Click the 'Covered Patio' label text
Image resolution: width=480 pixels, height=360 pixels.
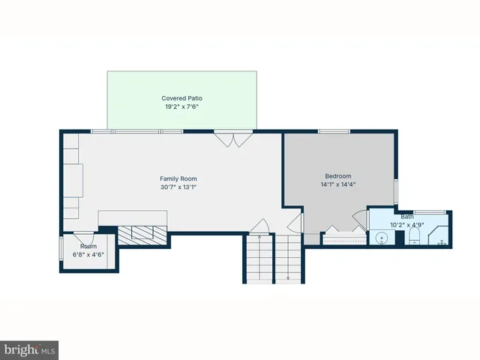[x=181, y=98]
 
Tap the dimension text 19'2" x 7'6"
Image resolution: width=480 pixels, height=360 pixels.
[x=181, y=106]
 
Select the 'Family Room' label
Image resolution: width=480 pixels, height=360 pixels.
[x=178, y=178]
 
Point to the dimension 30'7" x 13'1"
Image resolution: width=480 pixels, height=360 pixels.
[x=178, y=187]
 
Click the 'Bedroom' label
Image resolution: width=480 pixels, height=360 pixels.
[x=337, y=175]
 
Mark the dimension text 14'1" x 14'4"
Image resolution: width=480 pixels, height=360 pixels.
[x=337, y=184]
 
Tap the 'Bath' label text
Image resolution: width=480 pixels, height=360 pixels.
[x=406, y=216]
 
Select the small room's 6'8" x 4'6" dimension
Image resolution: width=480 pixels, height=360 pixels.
[x=88, y=254]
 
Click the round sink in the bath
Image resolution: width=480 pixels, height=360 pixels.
[x=382, y=238]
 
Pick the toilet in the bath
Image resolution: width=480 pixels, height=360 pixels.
[x=412, y=238]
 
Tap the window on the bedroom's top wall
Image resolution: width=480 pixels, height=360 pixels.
[x=334, y=132]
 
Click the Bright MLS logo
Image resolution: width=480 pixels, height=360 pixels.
[x=30, y=350]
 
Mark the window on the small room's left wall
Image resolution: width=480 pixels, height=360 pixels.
[x=61, y=248]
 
